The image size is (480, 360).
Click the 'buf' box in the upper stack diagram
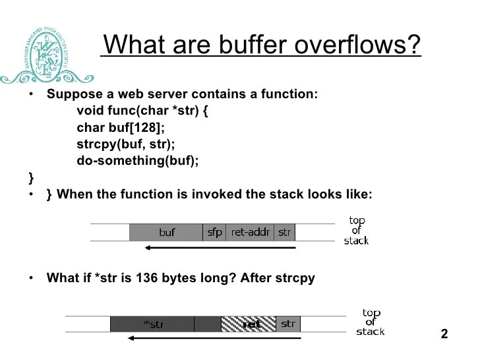(x=166, y=232)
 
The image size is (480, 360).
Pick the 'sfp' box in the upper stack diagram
(x=215, y=232)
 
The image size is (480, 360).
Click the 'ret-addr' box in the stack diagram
(x=250, y=232)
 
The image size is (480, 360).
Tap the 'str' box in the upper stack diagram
(x=285, y=232)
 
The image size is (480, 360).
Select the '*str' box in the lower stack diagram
(x=153, y=324)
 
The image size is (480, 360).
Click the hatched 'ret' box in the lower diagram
(x=249, y=324)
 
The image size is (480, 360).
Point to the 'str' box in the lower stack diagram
(x=288, y=324)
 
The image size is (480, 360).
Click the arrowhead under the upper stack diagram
(x=148, y=248)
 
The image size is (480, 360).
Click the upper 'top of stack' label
(x=356, y=231)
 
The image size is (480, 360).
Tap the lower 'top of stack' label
(x=371, y=322)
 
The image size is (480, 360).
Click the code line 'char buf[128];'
(x=121, y=127)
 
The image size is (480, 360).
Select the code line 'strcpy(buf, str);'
(x=125, y=144)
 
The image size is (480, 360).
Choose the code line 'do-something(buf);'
(x=137, y=160)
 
